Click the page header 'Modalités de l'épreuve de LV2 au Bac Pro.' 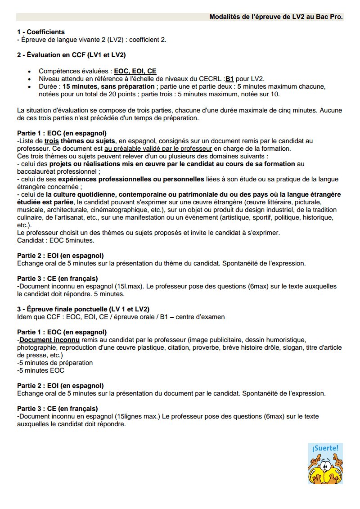click(x=276, y=17)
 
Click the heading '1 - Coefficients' click(x=41, y=32)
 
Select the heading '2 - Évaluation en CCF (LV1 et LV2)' click(x=71, y=55)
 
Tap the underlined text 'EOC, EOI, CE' click(x=135, y=71)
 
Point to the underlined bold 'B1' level click(x=229, y=78)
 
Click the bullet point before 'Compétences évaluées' click(x=30, y=72)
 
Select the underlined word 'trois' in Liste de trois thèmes click(x=52, y=141)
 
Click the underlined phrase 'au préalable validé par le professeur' click(x=157, y=149)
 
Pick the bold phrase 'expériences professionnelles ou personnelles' click(x=131, y=179)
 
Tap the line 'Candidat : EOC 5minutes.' click(x=55, y=240)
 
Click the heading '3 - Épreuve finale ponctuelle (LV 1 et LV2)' click(x=83, y=309)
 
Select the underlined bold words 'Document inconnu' click(x=43, y=340)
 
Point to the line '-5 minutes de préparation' click(x=55, y=363)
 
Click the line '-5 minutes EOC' click(x=40, y=370)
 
